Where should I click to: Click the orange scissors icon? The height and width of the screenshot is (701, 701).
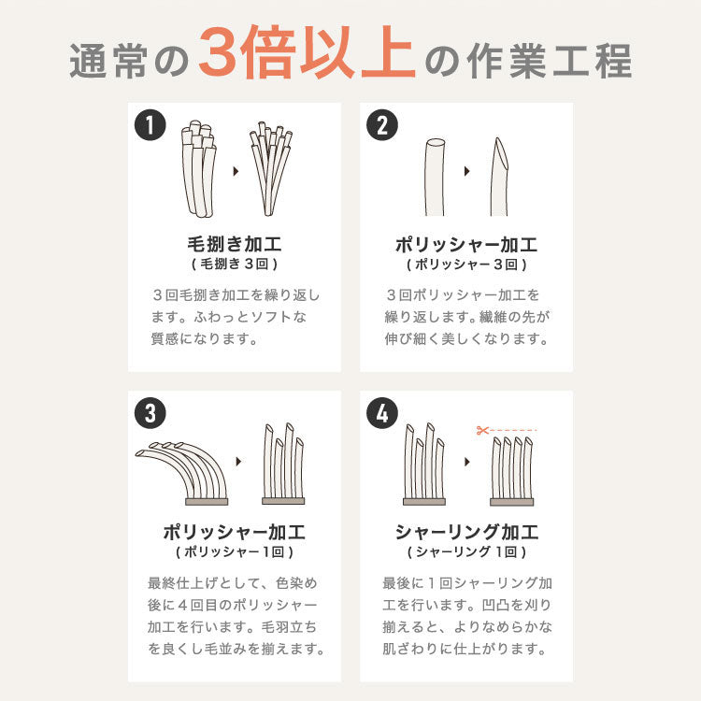point(482,431)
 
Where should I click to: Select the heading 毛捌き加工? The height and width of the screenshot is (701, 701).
point(235,245)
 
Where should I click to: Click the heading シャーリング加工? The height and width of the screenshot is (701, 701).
point(466,533)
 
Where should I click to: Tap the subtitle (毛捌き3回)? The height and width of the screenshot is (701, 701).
point(235,265)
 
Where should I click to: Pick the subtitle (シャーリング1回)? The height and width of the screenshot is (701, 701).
point(466,552)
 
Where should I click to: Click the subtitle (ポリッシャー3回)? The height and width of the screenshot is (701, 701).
point(466,265)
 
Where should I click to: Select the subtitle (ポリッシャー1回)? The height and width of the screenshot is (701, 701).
point(235,552)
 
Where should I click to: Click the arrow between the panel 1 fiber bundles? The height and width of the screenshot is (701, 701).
point(234,171)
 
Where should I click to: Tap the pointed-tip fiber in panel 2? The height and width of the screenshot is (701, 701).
point(499,177)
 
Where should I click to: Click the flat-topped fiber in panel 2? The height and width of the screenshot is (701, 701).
point(434,178)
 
